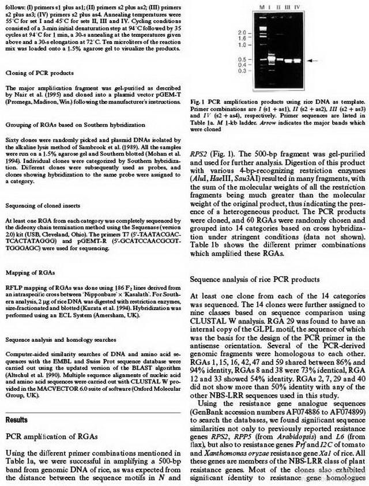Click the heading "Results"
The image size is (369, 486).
coord(17,405)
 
